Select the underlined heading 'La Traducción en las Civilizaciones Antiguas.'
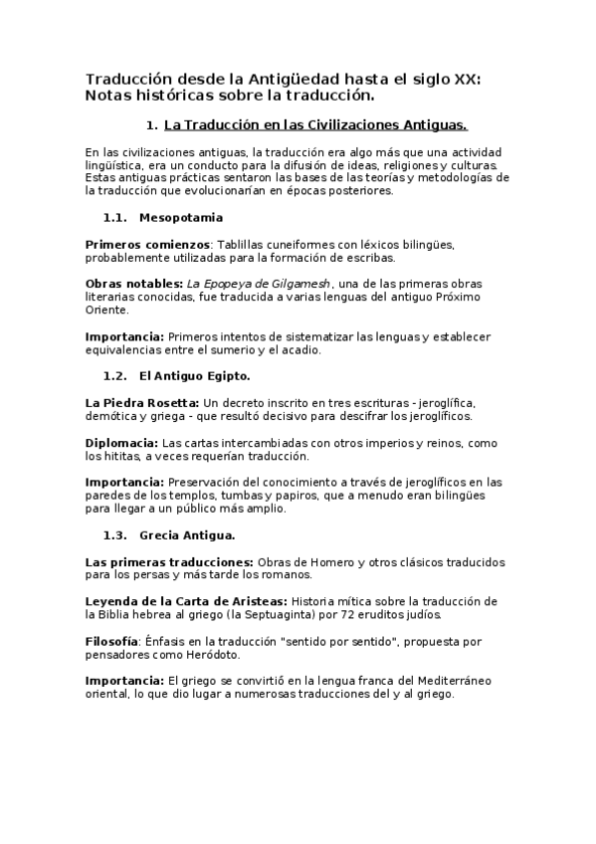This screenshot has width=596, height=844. tap(314, 125)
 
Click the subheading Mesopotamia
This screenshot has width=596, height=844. tap(181, 217)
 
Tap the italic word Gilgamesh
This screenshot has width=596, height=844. tap(298, 284)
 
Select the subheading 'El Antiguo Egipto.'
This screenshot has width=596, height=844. tap(195, 376)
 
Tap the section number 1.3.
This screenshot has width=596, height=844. tap(116, 534)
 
